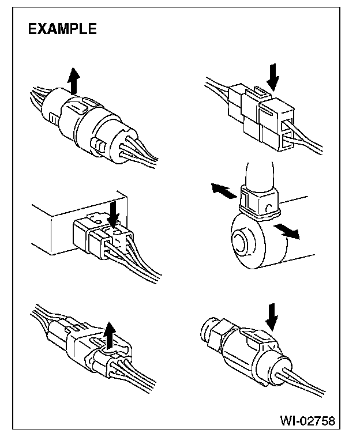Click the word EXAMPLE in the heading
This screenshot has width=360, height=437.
(x=62, y=29)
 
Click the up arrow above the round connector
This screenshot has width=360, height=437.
(x=73, y=80)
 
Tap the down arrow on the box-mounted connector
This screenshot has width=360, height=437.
(x=113, y=211)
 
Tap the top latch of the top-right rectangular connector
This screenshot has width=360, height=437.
(x=261, y=92)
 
